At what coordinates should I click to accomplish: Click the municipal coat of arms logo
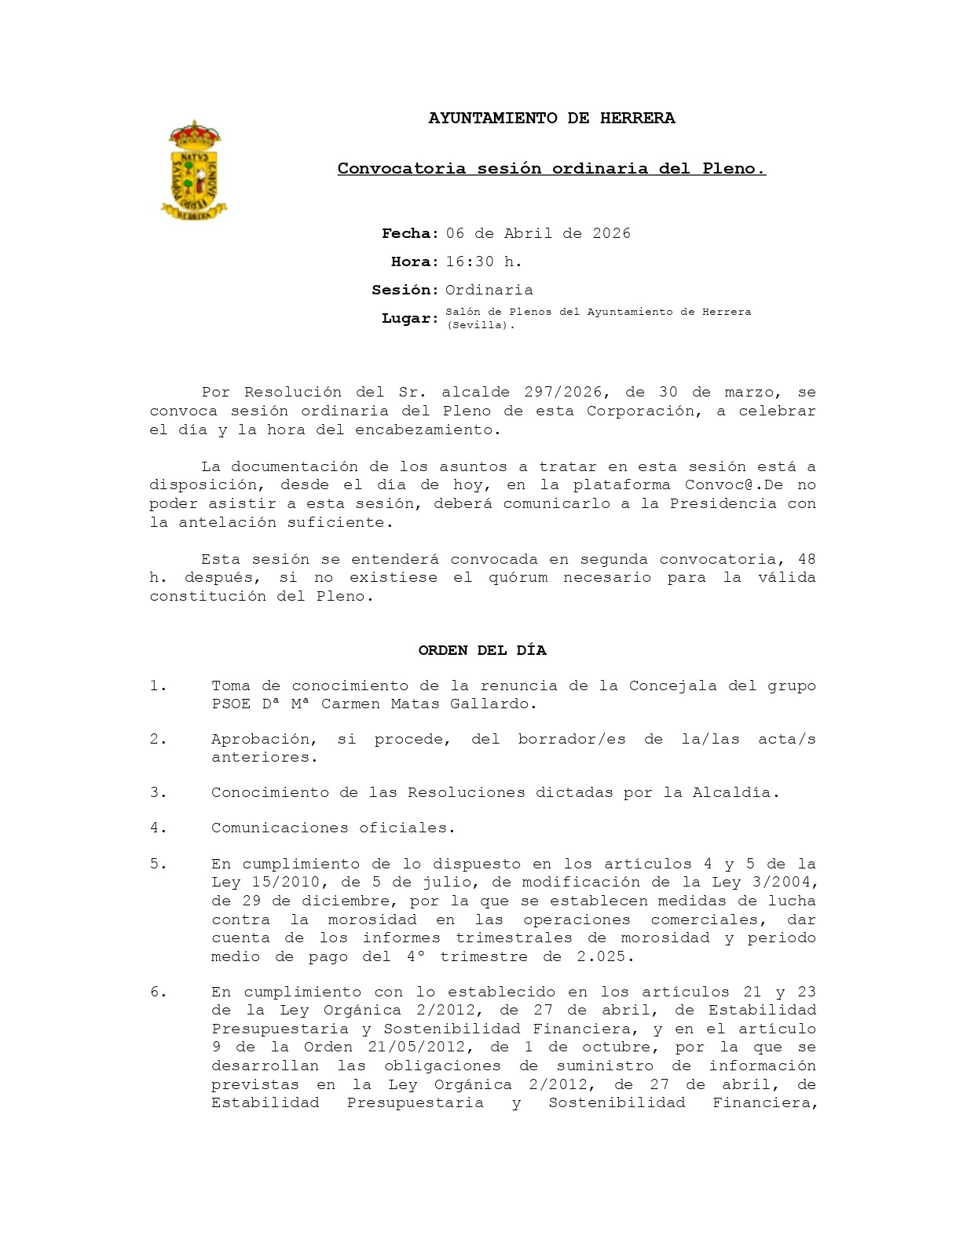coord(193,170)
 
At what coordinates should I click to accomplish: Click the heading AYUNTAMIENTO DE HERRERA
coord(551,119)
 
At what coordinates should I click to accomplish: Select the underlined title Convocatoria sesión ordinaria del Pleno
coord(551,169)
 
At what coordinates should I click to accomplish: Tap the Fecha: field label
coord(410,234)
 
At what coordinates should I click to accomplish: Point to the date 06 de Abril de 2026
coord(538,234)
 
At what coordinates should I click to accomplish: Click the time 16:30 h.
coord(484,262)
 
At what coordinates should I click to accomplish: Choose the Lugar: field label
coord(410,319)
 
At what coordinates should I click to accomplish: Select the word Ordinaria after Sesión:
coord(489,291)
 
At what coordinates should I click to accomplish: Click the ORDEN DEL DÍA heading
coord(482,651)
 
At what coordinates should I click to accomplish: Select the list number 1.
coord(159,686)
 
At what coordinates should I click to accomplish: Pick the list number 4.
coord(159,828)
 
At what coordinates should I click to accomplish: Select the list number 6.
coord(159,993)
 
